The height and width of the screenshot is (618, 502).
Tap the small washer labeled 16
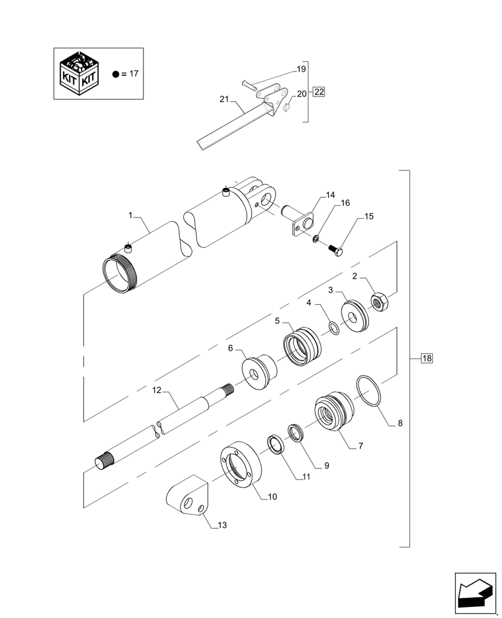(x=317, y=239)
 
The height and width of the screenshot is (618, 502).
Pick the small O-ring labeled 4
(x=334, y=328)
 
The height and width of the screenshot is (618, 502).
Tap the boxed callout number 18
(x=427, y=358)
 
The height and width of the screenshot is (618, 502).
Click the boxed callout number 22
(x=318, y=93)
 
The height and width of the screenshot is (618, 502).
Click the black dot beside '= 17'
(x=115, y=74)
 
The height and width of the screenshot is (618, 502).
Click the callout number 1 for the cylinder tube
(x=130, y=215)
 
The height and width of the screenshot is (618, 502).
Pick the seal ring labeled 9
(x=296, y=431)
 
